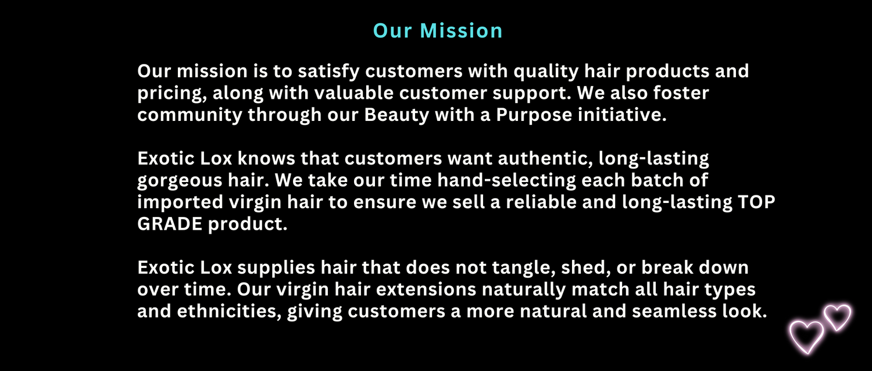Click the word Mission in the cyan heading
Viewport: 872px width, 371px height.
pyautogui.click(x=462, y=30)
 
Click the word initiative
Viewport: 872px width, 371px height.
pyautogui.click(x=622, y=115)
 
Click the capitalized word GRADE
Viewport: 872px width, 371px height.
pyautogui.click(x=170, y=224)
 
